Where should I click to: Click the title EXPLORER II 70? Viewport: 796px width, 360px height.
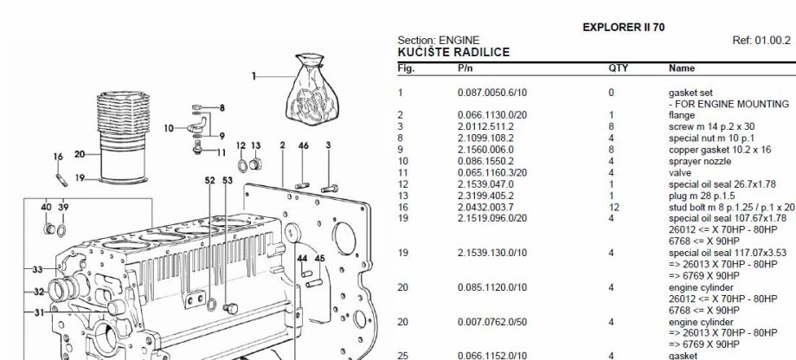pos(624,28)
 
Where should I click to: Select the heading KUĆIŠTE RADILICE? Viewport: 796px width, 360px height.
pos(453,52)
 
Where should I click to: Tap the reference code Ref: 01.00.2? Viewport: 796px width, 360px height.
pos(761,40)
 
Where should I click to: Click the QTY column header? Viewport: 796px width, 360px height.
pos(619,68)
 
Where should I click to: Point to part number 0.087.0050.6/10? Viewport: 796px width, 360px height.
pos(492,93)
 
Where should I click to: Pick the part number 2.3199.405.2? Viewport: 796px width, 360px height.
pos(485,196)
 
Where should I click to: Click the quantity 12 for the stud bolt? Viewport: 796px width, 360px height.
pos(614,207)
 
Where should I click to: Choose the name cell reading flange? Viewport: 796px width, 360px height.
pos(682,115)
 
